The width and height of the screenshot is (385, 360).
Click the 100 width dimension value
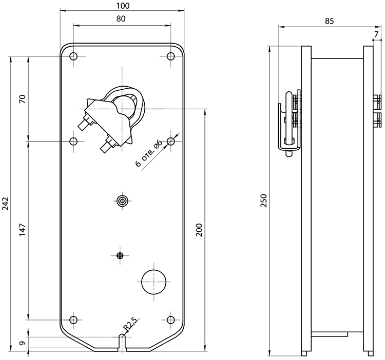coord(123,6)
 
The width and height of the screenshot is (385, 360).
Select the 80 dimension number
coord(121,18)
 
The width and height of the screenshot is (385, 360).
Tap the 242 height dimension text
coord(6,203)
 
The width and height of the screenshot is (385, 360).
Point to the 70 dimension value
coord(22,99)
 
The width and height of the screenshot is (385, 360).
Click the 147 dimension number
coord(23,230)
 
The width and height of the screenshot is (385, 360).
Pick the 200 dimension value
coord(199,230)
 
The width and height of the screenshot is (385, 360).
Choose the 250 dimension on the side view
coord(263,201)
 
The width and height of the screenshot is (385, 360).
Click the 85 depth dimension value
coord(329,21)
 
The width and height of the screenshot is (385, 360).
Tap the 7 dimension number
coord(376,34)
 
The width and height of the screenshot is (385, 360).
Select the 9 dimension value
coord(23,343)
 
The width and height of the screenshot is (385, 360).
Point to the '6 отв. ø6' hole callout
coord(149,153)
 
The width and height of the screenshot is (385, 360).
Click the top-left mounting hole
coord(73,56)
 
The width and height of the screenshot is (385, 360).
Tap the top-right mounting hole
coord(170,56)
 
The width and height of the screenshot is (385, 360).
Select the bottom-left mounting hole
coord(73,320)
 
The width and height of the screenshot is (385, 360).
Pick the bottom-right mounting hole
coord(170,320)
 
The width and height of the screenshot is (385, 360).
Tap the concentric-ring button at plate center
coord(122,201)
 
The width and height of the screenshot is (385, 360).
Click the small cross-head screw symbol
coord(120,255)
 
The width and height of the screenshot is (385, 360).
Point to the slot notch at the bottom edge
coord(122,343)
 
